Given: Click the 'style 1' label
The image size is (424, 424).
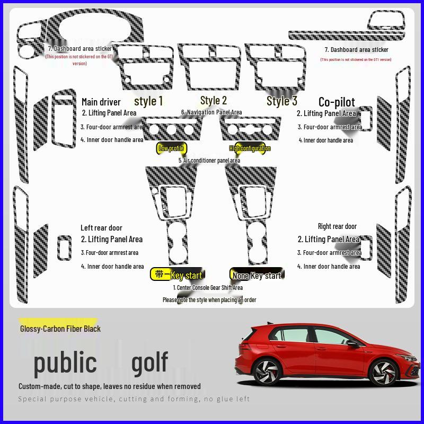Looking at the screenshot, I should (x=148, y=101).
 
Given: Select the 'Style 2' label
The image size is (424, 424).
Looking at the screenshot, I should (x=214, y=100).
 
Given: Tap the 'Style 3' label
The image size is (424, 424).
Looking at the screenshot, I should (x=281, y=101).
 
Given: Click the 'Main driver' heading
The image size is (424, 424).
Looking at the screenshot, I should (x=101, y=102).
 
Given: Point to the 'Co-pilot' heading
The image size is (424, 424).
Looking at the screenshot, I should (x=337, y=102).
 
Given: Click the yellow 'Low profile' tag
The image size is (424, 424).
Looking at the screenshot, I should (x=171, y=148).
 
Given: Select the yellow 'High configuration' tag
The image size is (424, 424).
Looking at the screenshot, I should (x=250, y=148).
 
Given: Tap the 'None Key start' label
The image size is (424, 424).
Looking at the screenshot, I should (x=257, y=275).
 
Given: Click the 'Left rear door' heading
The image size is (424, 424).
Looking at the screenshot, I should (x=101, y=228).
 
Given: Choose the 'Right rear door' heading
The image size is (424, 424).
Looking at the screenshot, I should (x=337, y=226).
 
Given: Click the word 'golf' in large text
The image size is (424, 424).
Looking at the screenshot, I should (x=149, y=363).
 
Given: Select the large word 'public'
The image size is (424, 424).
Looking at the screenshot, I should (x=65, y=363).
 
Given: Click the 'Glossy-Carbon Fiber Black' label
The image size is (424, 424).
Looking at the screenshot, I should (x=60, y=329).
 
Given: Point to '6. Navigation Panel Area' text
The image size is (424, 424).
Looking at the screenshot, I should (x=211, y=112).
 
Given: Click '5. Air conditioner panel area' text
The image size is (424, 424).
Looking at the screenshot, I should (x=209, y=160).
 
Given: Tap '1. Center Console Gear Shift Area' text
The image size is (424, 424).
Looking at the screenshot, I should (x=208, y=288).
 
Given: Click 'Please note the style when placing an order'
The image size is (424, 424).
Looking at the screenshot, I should (x=209, y=300).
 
